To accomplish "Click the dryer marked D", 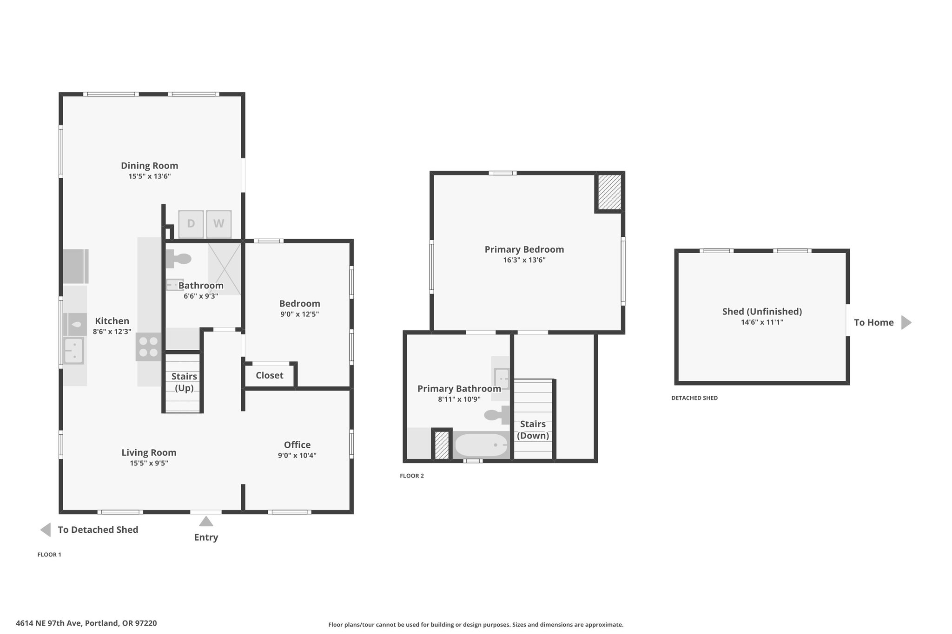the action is (191, 223).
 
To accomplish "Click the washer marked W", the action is (218, 223).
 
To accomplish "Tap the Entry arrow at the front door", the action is (206, 521).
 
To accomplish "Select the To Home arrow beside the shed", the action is (906, 322).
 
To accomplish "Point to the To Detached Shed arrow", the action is (46, 529).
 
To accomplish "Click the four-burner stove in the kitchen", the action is (149, 347).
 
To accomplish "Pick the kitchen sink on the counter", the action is (73, 350).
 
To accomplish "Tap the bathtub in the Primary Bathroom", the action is (481, 445).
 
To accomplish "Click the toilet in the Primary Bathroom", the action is (496, 415).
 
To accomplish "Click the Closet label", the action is (270, 375).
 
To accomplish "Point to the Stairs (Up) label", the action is (184, 382).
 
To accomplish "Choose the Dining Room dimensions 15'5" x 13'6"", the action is (150, 176).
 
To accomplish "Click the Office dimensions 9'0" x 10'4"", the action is (297, 456).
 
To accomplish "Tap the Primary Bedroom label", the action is (524, 249).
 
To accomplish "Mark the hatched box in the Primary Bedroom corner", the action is (609, 192).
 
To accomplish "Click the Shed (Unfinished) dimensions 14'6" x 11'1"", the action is (762, 322).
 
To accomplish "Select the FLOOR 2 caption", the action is (412, 476).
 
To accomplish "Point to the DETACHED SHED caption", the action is (694, 398).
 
